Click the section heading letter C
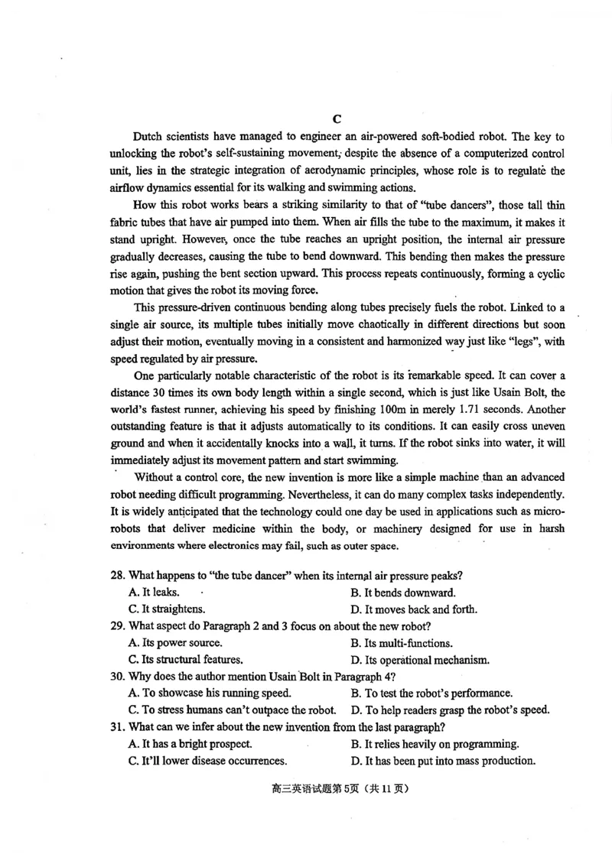337,119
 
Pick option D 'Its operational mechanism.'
420,660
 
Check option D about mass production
443,761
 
